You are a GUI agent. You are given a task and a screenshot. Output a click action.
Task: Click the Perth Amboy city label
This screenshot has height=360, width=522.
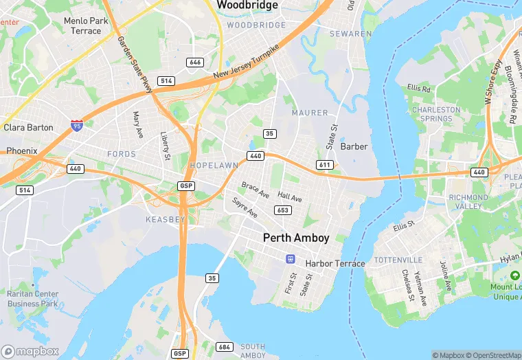296,238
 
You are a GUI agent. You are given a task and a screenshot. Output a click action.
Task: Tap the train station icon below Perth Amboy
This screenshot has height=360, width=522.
291,258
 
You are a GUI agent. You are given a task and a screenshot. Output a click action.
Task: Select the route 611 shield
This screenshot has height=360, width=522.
325,165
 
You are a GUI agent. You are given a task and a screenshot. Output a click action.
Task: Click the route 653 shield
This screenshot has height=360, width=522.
282,210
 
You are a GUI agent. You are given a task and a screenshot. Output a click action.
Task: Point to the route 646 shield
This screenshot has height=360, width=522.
195,63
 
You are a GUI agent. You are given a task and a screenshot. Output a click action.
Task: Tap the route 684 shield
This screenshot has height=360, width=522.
224,347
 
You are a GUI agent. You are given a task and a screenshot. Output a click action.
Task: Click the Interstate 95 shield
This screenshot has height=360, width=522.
77,126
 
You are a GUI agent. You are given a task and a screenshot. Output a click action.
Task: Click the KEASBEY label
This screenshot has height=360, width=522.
166,219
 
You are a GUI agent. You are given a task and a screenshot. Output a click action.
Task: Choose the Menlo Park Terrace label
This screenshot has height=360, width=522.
86,26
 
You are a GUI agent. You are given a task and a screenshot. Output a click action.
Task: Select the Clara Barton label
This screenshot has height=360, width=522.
28,128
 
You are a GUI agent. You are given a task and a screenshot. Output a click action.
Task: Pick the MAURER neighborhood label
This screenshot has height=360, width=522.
304,113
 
